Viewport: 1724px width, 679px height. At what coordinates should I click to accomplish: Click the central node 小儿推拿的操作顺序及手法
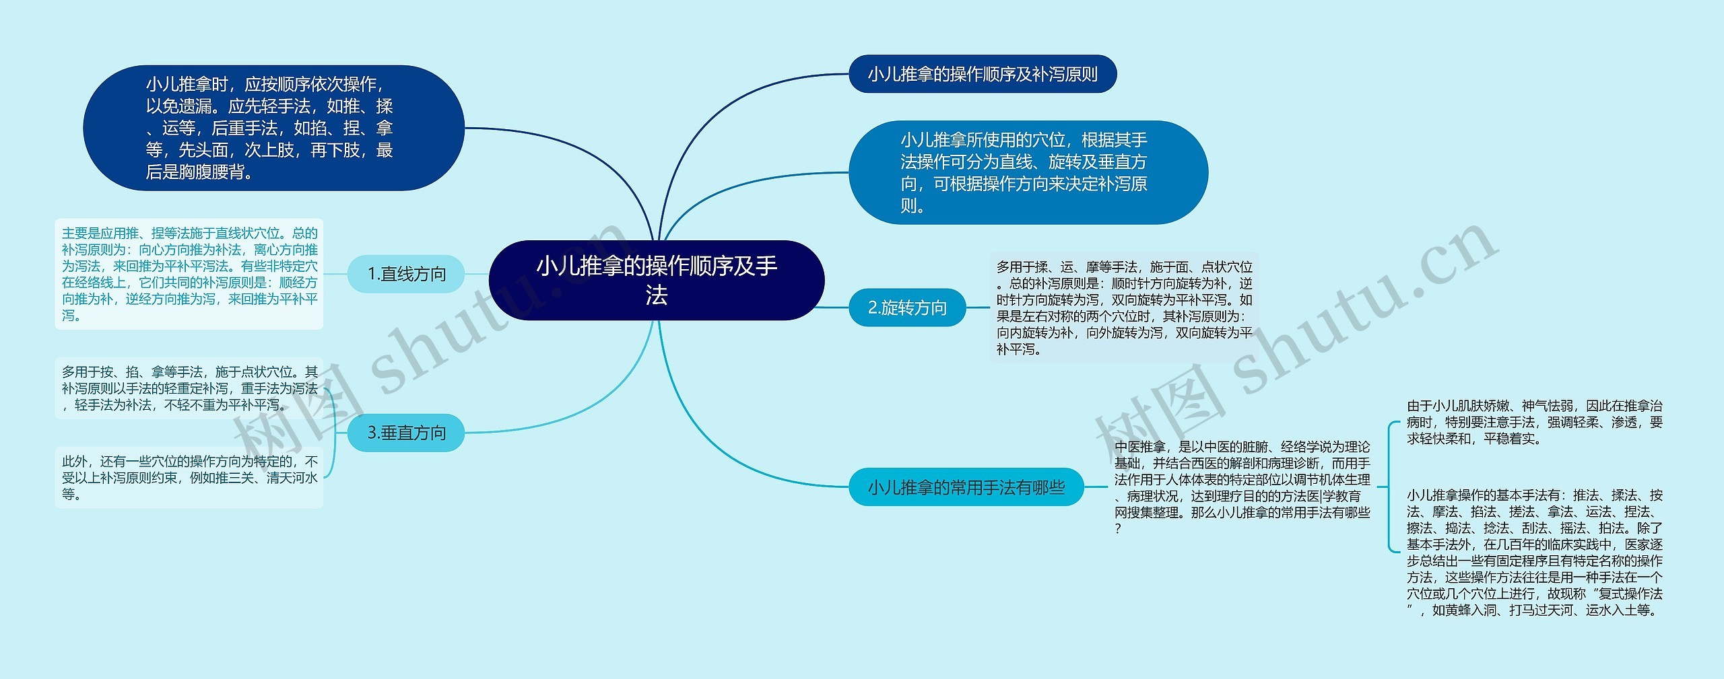657,280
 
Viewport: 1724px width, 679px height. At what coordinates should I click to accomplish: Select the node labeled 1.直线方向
406,274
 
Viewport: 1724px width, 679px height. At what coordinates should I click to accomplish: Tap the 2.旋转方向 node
907,308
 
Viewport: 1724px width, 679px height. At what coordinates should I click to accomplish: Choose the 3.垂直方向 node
406,433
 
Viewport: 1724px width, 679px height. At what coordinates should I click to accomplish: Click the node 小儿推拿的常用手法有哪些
966,487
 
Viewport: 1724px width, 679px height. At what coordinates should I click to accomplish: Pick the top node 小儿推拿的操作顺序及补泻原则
982,74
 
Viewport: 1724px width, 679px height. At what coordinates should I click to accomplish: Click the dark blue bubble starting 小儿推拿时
273,128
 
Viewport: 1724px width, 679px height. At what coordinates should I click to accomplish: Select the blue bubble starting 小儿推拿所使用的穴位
1028,173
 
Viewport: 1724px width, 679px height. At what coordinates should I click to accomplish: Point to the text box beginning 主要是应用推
189,274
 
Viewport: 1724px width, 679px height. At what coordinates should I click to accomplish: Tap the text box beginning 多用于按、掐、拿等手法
189,388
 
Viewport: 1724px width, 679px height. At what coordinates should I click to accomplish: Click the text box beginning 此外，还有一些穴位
189,478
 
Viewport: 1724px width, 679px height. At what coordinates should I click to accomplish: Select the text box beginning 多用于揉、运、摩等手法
1124,308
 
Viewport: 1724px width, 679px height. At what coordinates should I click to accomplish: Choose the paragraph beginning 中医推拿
1242,487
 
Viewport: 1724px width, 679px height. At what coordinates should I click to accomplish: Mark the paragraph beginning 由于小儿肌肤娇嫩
1534,422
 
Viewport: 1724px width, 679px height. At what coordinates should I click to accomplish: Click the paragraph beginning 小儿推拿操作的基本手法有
1534,552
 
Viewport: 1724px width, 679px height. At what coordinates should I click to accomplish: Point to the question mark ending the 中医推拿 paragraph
1119,529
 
